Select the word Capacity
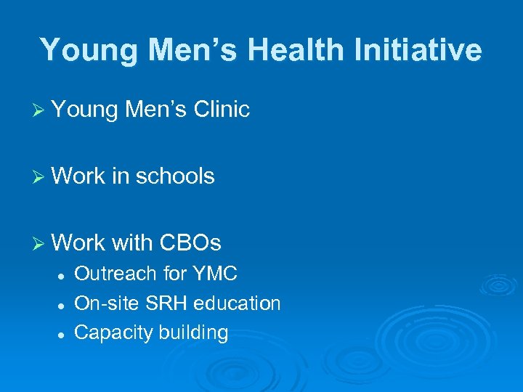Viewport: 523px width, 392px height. (109, 332)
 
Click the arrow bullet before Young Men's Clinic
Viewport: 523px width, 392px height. (41, 110)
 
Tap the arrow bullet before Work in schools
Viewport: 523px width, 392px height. (41, 176)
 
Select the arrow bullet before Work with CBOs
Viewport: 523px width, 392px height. (41, 242)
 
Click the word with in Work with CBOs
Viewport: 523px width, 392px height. (133, 242)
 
